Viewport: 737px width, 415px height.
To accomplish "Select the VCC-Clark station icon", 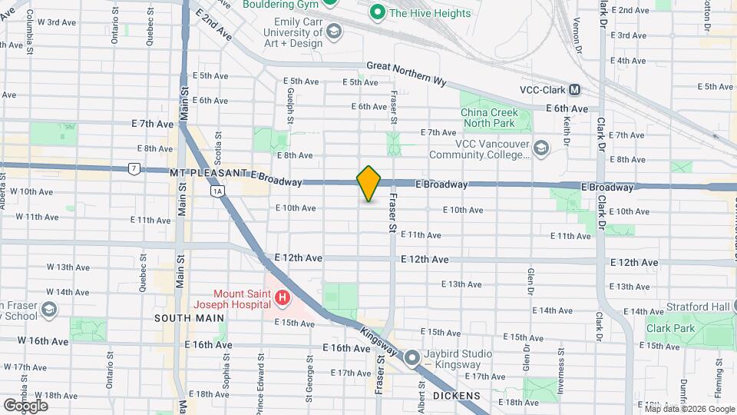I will click(x=573, y=89).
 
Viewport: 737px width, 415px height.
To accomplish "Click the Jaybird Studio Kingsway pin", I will click(x=412, y=357).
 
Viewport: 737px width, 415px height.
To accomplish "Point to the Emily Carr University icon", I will click(x=333, y=32).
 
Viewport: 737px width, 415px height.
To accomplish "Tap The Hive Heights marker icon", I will click(x=377, y=12).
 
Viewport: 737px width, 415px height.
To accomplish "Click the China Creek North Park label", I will click(x=495, y=118).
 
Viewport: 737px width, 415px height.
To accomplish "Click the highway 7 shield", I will click(x=134, y=168).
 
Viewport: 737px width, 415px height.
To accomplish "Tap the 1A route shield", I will click(x=218, y=191).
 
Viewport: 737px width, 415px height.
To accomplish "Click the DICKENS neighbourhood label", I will click(x=456, y=396).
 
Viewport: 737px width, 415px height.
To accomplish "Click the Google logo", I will click(x=25, y=405).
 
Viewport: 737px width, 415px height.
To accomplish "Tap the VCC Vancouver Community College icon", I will click(x=541, y=148).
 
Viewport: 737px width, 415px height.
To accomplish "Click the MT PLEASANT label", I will click(x=208, y=175).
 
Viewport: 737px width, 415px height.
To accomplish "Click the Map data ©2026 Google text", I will click(x=688, y=408).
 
